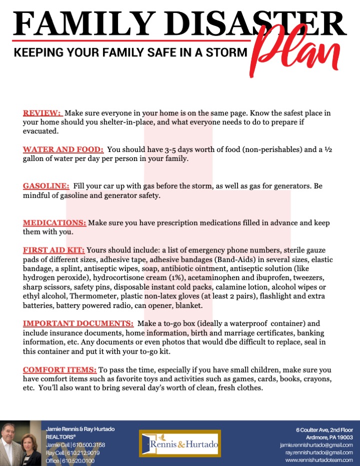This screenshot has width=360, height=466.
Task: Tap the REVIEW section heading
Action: pos(42,113)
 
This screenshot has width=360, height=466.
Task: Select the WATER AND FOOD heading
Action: pos(63,149)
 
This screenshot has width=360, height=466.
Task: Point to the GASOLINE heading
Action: pos(46,186)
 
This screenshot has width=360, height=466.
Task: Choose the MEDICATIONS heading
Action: pos(54,222)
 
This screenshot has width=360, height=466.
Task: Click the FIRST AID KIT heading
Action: pos(54,250)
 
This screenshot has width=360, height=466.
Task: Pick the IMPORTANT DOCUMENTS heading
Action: pos(77,323)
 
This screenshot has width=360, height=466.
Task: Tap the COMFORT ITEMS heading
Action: pos(59,369)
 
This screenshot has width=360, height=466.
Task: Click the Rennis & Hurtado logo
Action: pos(178,442)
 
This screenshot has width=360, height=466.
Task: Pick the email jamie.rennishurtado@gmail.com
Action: pos(316,444)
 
